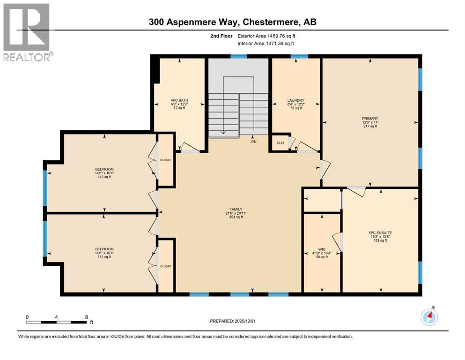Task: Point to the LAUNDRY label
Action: coord(295,100)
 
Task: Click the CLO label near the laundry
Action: coord(280,143)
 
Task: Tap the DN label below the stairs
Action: coord(254,141)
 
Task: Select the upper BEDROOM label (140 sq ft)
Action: coord(104,169)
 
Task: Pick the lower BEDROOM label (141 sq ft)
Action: coord(104,249)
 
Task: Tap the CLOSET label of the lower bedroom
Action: coord(166,266)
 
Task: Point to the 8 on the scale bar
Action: coord(86,316)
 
